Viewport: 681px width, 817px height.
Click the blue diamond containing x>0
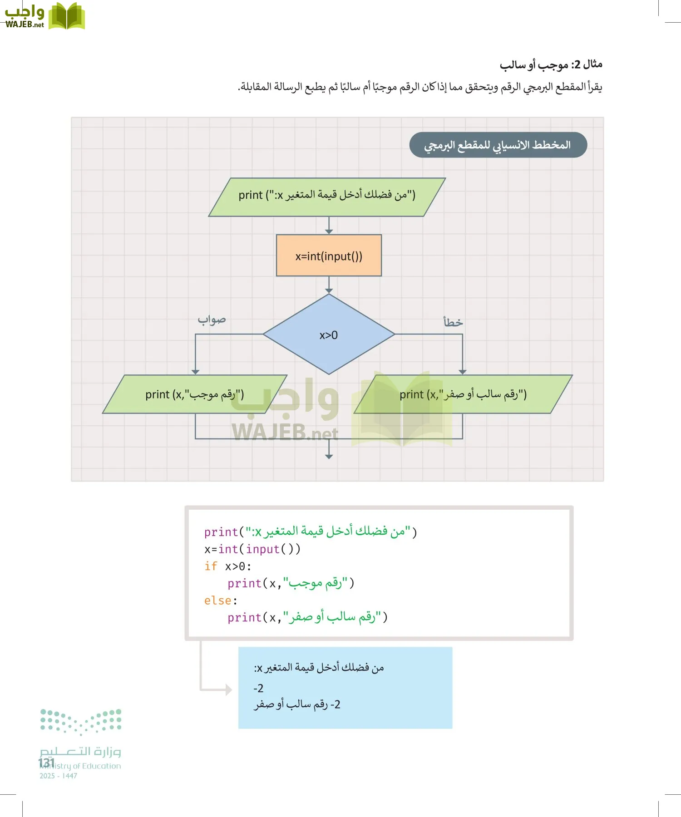[329, 334]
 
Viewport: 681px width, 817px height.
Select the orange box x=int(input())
[329, 256]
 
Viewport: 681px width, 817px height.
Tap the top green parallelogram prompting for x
[327, 197]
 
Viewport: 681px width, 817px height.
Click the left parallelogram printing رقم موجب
[195, 394]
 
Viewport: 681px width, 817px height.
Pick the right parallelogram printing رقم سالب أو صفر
[463, 394]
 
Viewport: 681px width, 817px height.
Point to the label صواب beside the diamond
[212, 320]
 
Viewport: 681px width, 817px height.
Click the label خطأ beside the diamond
[453, 322]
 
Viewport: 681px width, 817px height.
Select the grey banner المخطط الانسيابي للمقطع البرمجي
[498, 145]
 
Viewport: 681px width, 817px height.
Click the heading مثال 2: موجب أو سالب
[551, 65]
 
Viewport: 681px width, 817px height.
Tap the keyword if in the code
[211, 566]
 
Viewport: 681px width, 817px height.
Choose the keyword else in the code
[218, 600]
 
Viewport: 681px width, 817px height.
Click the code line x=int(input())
[252, 549]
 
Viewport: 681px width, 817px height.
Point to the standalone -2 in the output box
[258, 689]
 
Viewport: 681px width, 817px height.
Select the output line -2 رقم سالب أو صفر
[297, 704]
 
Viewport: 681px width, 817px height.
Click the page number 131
[46, 763]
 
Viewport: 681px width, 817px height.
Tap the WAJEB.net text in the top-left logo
[25, 25]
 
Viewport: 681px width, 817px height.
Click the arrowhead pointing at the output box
[229, 690]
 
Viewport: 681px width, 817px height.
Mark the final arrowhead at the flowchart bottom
[329, 456]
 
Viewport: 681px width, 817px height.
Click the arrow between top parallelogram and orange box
[329, 226]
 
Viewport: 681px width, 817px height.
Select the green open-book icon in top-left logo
[66, 16]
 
